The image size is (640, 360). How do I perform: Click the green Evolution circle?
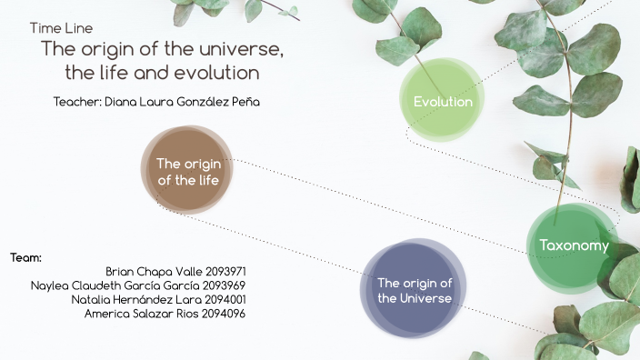pos(443,101)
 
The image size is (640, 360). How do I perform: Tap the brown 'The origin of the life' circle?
pos(188,171)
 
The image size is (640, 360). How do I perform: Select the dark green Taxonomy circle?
pos(573,245)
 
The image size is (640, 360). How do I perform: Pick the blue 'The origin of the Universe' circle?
pos(415,290)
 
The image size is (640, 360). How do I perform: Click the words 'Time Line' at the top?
pos(61,28)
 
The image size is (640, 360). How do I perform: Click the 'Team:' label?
pos(26,258)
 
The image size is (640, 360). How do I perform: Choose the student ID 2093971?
pos(225,272)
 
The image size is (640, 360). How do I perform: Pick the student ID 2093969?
pos(225,285)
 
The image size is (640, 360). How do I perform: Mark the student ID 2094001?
pos(225,299)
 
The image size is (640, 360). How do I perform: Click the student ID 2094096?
pos(225,314)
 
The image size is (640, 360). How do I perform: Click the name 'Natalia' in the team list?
pos(92,299)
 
